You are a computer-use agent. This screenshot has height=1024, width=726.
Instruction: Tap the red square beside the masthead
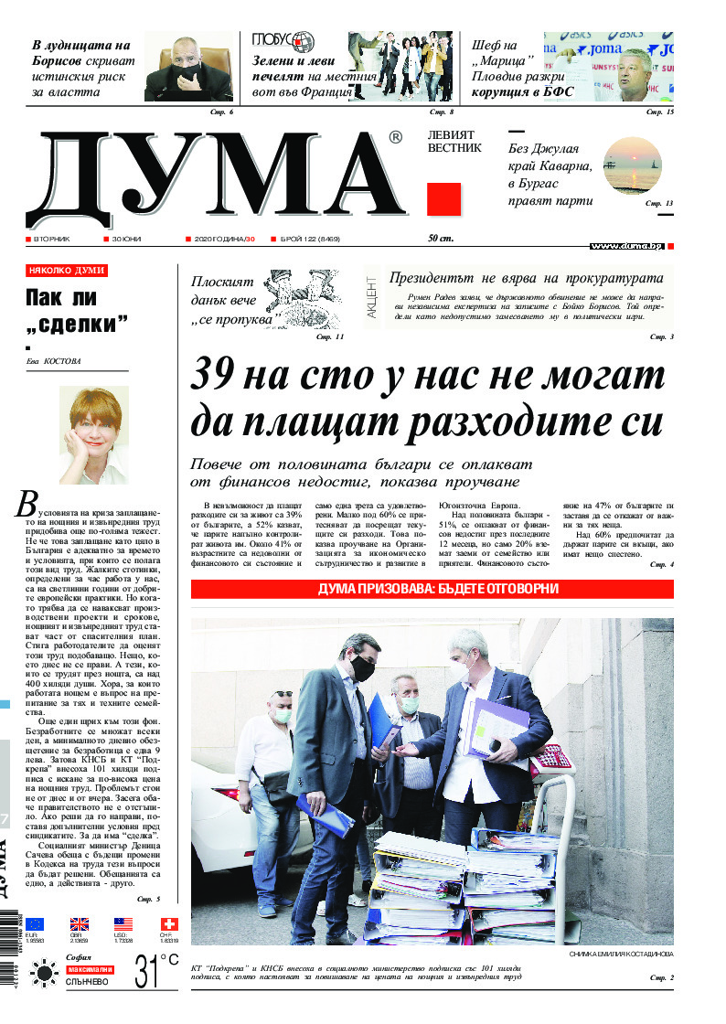coord(443,199)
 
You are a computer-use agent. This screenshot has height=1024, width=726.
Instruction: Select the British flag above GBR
coord(80,924)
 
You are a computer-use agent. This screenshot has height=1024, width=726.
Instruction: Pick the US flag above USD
coord(123,924)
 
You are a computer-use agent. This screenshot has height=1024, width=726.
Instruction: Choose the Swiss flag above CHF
coord(168,924)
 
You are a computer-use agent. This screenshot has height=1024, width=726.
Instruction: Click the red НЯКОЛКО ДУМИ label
coord(67,271)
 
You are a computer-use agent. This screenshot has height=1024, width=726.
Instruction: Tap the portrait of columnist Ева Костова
coord(94,435)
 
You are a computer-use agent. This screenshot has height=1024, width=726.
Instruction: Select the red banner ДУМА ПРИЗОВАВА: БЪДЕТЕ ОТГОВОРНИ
coord(432,588)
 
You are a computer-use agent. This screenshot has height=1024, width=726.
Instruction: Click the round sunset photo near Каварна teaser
coord(631,165)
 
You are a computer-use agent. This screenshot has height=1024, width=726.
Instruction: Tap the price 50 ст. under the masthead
coord(441,239)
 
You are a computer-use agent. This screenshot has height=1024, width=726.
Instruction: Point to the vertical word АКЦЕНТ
coord(371,296)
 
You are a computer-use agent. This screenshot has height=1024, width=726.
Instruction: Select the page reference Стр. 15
coord(659,112)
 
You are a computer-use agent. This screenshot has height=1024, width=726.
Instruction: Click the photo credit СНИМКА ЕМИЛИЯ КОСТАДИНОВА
coord(620,955)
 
